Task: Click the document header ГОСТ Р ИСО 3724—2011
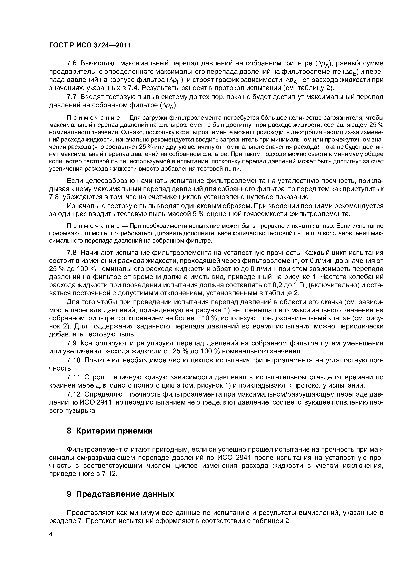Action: click(90, 45)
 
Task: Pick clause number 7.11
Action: click(74, 377)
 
